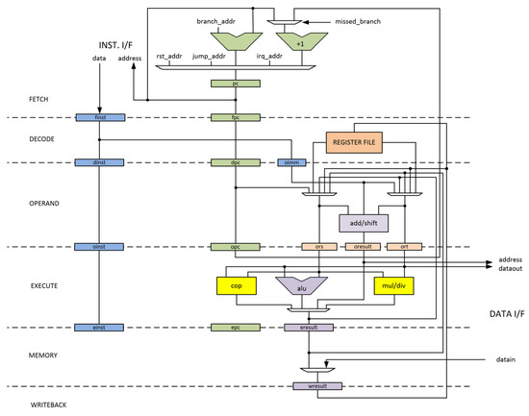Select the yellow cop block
click(235, 285)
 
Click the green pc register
click(235, 84)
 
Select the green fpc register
click(235, 118)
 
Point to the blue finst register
click(99, 118)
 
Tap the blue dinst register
click(99, 162)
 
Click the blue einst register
click(99, 328)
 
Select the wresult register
click(312, 386)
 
